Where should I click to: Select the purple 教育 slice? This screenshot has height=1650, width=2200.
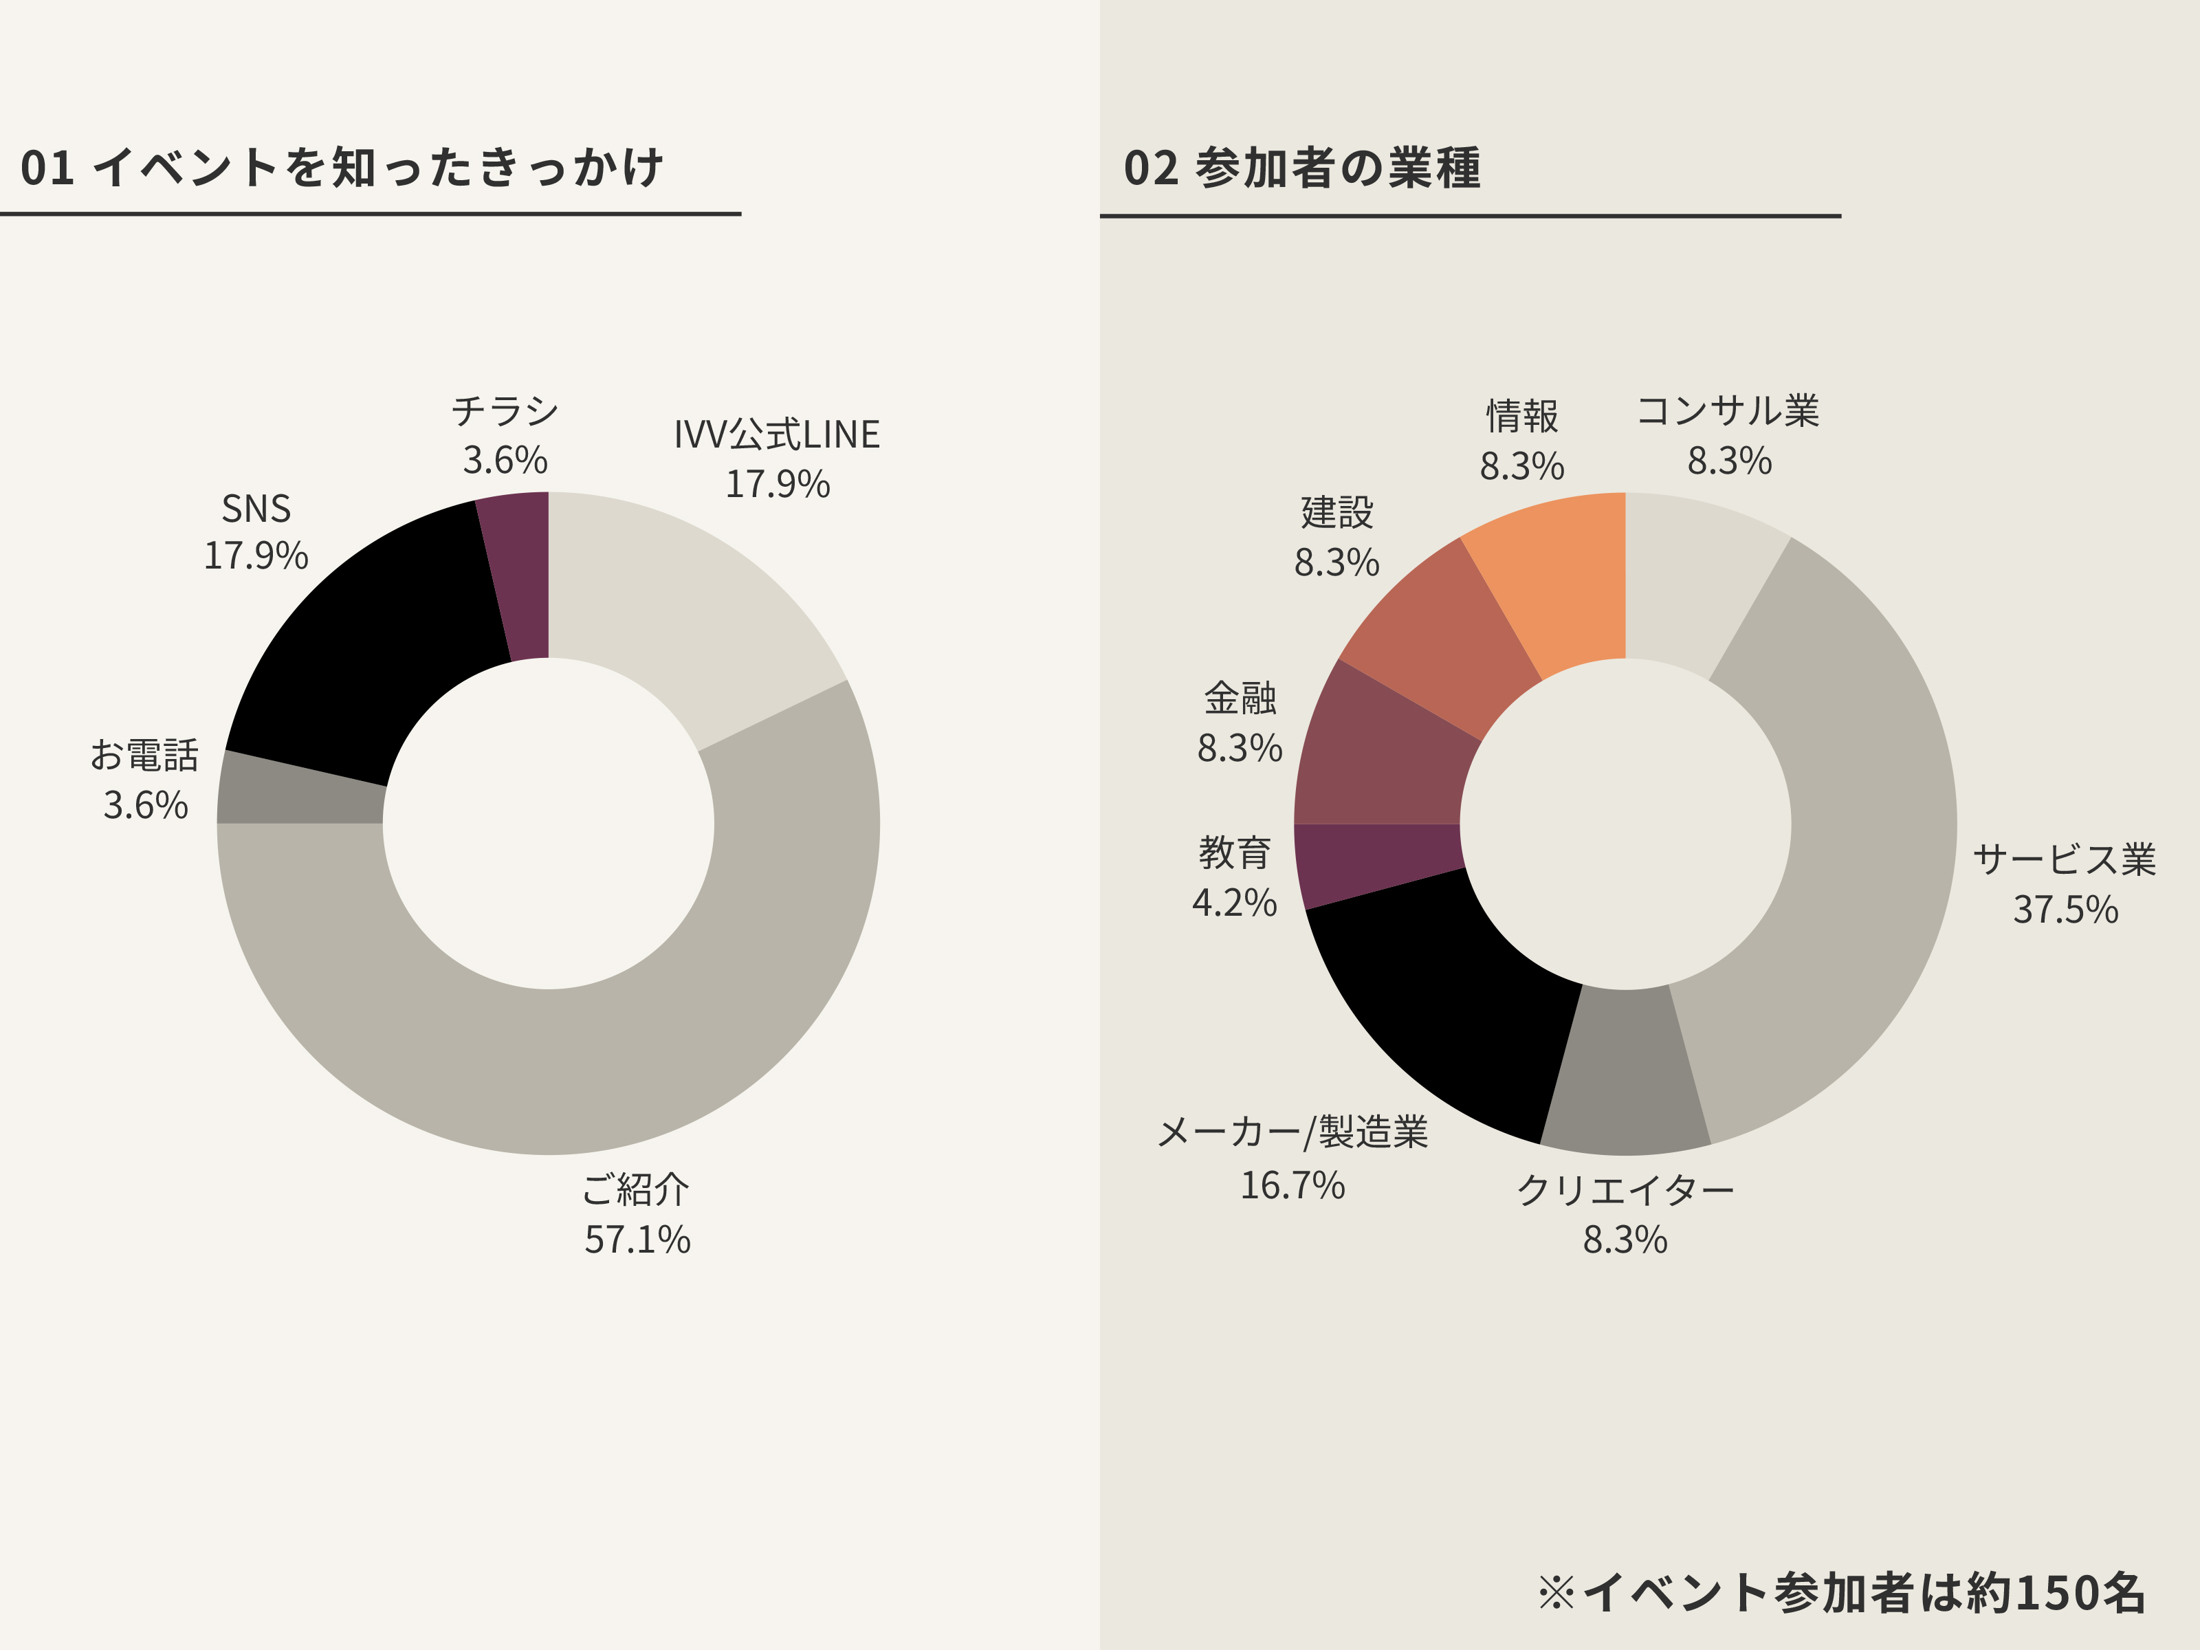tap(1378, 860)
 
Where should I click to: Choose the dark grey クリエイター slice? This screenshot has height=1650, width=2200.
tap(1624, 1074)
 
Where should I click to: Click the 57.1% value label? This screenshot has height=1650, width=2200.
tap(637, 1240)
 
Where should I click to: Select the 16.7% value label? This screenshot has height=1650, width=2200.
tap(1292, 1185)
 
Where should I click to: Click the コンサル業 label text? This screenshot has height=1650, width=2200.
tap(1728, 410)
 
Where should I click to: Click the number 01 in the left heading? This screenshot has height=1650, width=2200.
tap(47, 168)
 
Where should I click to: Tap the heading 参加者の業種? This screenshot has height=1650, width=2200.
tap(1338, 168)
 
